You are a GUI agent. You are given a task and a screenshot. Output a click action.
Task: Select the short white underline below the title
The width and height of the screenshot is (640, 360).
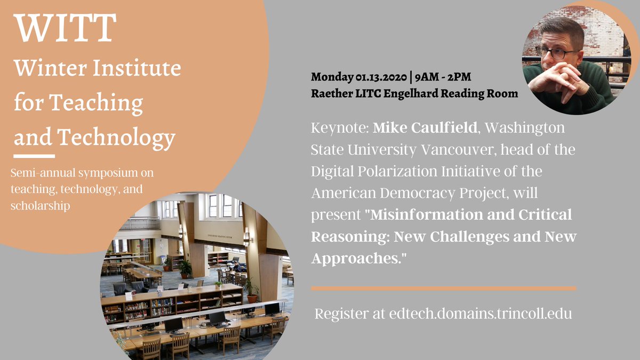pyautogui.click(x=35, y=156)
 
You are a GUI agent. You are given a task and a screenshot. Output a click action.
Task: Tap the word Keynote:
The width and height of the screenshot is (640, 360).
pyautogui.click(x=339, y=129)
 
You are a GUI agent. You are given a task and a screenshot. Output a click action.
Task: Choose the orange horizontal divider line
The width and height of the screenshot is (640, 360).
pyautogui.click(x=443, y=289)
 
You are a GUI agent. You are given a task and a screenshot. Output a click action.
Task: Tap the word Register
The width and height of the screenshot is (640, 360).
pyautogui.click(x=342, y=314)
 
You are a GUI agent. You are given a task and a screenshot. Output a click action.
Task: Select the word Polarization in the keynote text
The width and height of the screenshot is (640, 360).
pyautogui.click(x=415, y=171)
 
